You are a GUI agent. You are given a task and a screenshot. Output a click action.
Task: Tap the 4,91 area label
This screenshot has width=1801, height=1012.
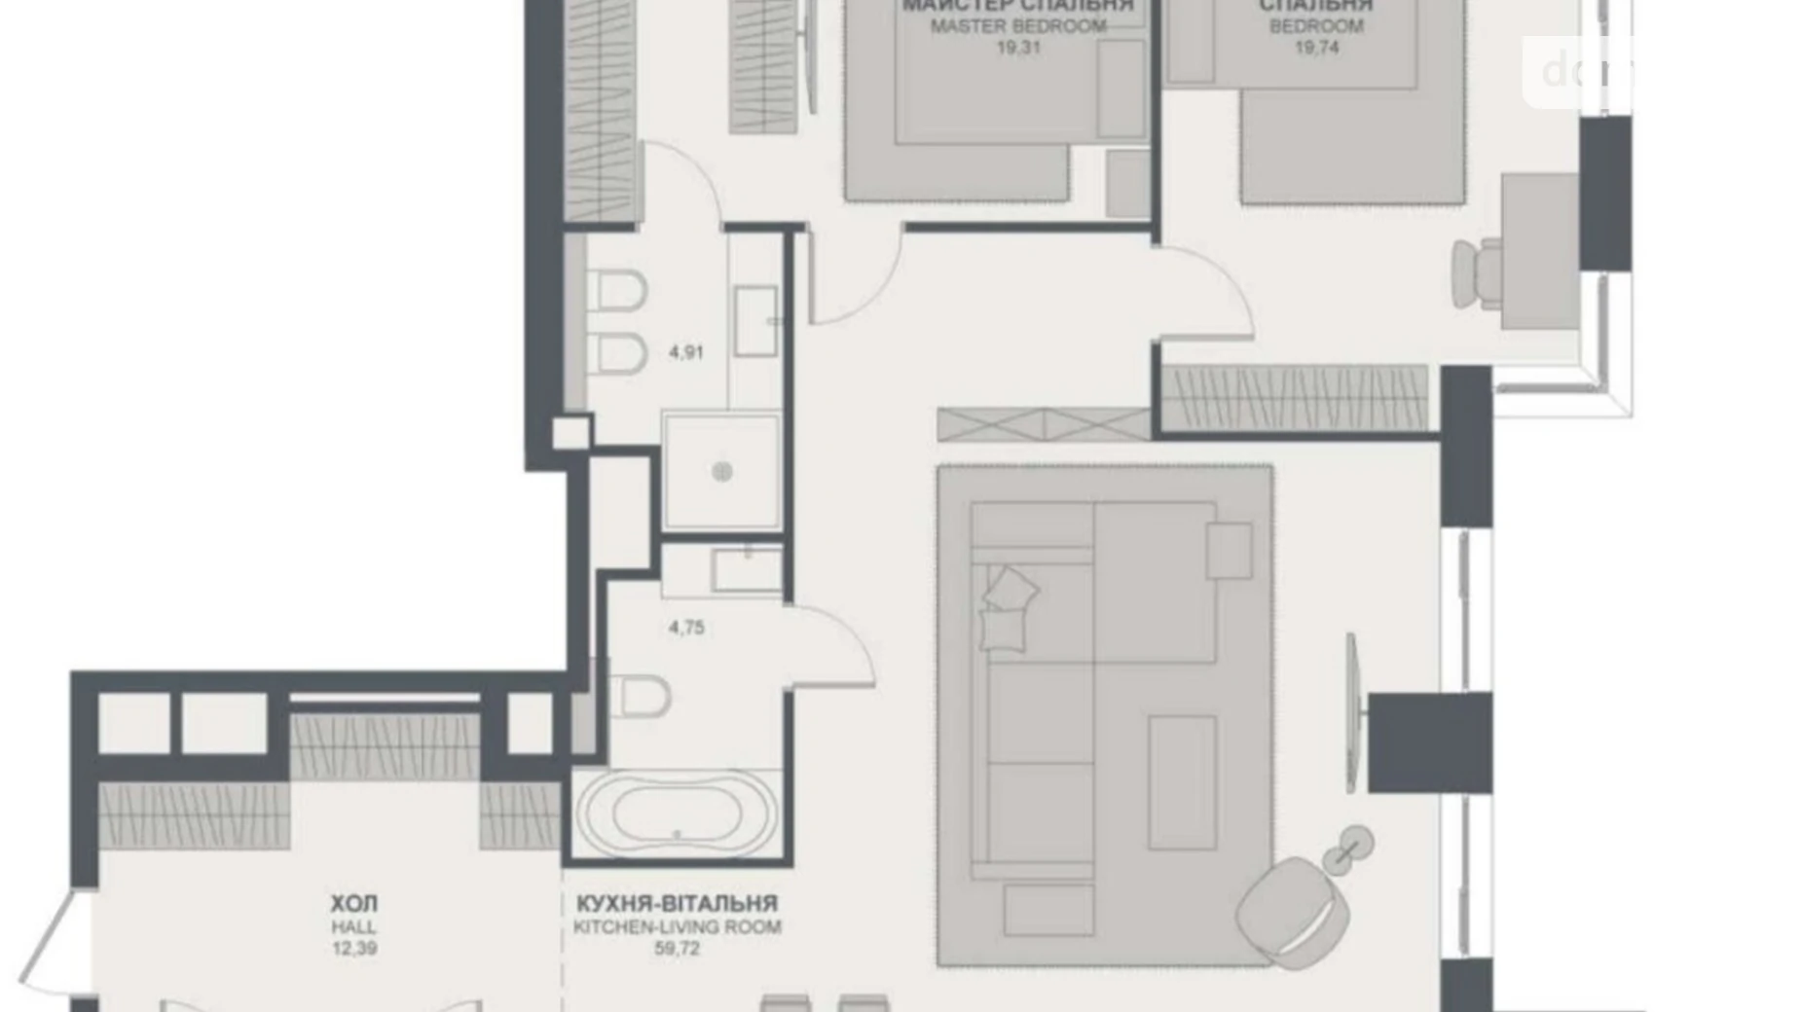click(686, 352)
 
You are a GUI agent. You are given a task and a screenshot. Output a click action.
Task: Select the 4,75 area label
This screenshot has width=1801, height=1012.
click(686, 628)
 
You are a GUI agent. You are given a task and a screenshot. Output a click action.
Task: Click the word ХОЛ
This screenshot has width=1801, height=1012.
click(353, 905)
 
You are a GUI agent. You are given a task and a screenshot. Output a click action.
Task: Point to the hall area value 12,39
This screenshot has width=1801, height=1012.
click(353, 948)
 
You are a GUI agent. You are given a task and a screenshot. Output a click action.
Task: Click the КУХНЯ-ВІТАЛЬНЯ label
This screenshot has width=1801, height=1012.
click(677, 904)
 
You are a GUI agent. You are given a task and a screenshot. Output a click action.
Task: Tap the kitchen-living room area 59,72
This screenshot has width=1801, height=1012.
click(677, 948)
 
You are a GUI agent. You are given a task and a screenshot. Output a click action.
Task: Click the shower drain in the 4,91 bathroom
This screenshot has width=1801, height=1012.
click(721, 472)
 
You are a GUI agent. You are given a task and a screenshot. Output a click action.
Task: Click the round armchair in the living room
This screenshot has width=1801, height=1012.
click(1293, 910)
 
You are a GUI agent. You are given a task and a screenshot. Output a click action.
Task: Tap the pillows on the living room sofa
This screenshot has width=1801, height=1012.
click(1008, 608)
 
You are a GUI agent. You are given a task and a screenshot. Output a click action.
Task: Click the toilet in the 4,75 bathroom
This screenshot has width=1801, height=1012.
click(640, 697)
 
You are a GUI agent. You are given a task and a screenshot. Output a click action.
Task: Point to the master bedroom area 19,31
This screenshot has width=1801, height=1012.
click(1018, 47)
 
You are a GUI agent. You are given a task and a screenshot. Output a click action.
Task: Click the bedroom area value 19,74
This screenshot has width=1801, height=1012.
click(1316, 47)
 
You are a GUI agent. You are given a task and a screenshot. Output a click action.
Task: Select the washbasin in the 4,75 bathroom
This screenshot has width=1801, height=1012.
click(747, 570)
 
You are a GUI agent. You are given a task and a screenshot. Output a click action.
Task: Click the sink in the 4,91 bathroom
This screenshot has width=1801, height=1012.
click(754, 320)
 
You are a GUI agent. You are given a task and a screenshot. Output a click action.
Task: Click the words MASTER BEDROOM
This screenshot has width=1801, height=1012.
click(1018, 26)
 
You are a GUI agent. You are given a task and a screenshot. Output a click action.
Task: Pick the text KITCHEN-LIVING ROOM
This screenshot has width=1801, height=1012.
click(677, 927)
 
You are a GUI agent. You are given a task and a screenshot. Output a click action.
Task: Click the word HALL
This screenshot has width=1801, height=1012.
click(353, 927)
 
